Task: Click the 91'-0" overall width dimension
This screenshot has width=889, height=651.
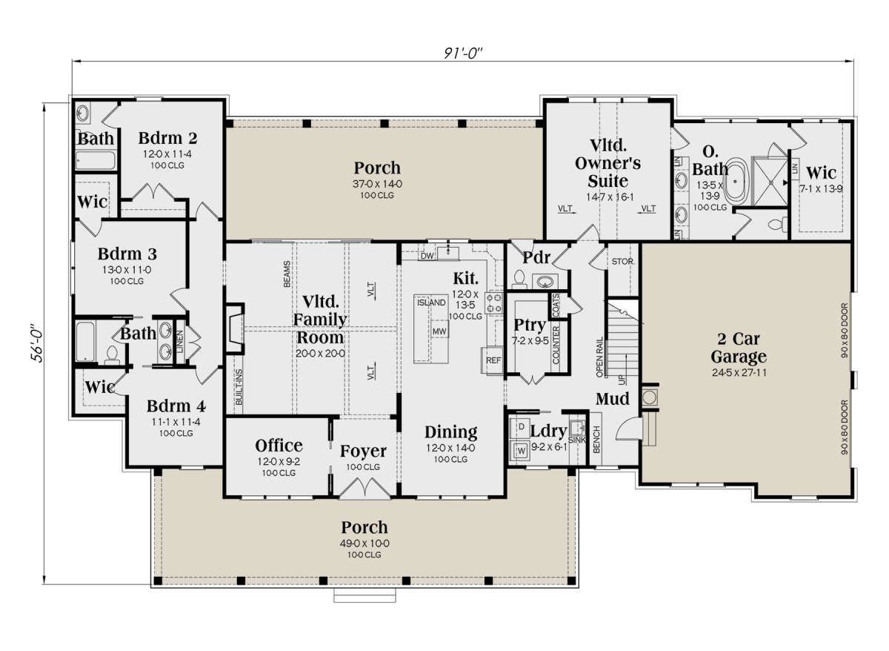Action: coord(463,53)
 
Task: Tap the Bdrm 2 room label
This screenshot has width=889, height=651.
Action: coord(167,138)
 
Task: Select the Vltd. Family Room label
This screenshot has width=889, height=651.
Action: coord(320,320)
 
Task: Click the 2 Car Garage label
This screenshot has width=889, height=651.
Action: coord(739,348)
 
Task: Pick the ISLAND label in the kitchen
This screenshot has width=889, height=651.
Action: coord(431,303)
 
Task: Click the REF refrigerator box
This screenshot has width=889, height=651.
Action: coord(493,360)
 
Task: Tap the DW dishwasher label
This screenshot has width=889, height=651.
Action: coord(427,257)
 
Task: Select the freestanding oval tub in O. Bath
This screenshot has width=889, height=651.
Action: coord(736,182)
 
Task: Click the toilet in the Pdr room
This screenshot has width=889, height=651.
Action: coord(519,280)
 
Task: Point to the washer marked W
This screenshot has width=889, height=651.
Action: coord(520,451)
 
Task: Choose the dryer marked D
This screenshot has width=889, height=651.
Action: coord(520,427)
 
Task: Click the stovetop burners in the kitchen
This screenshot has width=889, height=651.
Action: coord(494,303)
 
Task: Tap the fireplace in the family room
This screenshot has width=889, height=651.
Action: coord(235,328)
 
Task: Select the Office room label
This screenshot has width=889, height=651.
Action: coord(279,446)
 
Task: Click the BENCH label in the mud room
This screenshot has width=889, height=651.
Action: coord(596,440)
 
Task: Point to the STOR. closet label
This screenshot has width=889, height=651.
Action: coord(622,262)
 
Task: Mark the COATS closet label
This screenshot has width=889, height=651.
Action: coord(555,305)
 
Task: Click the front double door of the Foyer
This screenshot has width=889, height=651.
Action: coord(365,488)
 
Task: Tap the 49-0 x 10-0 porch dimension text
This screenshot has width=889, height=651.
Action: coord(364,543)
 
